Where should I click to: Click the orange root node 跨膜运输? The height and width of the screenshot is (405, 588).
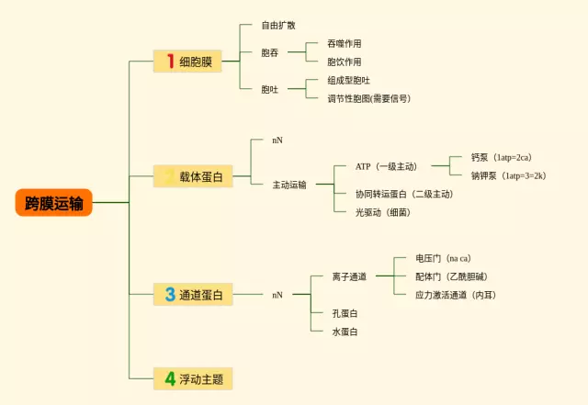(x=53, y=203)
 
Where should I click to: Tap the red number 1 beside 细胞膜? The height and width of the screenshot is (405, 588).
(x=170, y=62)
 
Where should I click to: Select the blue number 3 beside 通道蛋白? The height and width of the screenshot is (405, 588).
(x=170, y=295)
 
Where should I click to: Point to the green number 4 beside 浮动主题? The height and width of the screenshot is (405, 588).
(x=170, y=377)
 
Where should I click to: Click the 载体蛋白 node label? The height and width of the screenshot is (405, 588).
(x=201, y=176)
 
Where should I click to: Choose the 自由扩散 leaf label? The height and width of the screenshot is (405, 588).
(x=277, y=25)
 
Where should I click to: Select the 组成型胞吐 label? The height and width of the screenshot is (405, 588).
(x=348, y=80)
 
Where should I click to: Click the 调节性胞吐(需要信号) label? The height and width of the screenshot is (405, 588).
(x=368, y=98)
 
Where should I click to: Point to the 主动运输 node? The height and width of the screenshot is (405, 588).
(x=289, y=185)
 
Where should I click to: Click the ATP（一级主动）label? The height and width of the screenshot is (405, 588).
(x=386, y=166)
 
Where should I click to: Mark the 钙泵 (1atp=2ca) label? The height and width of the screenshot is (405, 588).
(x=501, y=157)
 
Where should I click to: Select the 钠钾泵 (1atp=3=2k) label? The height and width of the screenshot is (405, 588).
(x=508, y=175)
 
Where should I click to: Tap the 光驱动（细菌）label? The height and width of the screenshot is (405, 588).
(x=382, y=212)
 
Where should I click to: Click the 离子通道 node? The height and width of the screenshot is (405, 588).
(x=349, y=276)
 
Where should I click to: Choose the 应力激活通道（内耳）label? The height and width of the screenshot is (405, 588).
(x=456, y=295)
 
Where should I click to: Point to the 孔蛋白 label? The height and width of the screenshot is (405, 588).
(x=345, y=313)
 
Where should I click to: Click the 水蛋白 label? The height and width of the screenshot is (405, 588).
(x=345, y=332)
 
